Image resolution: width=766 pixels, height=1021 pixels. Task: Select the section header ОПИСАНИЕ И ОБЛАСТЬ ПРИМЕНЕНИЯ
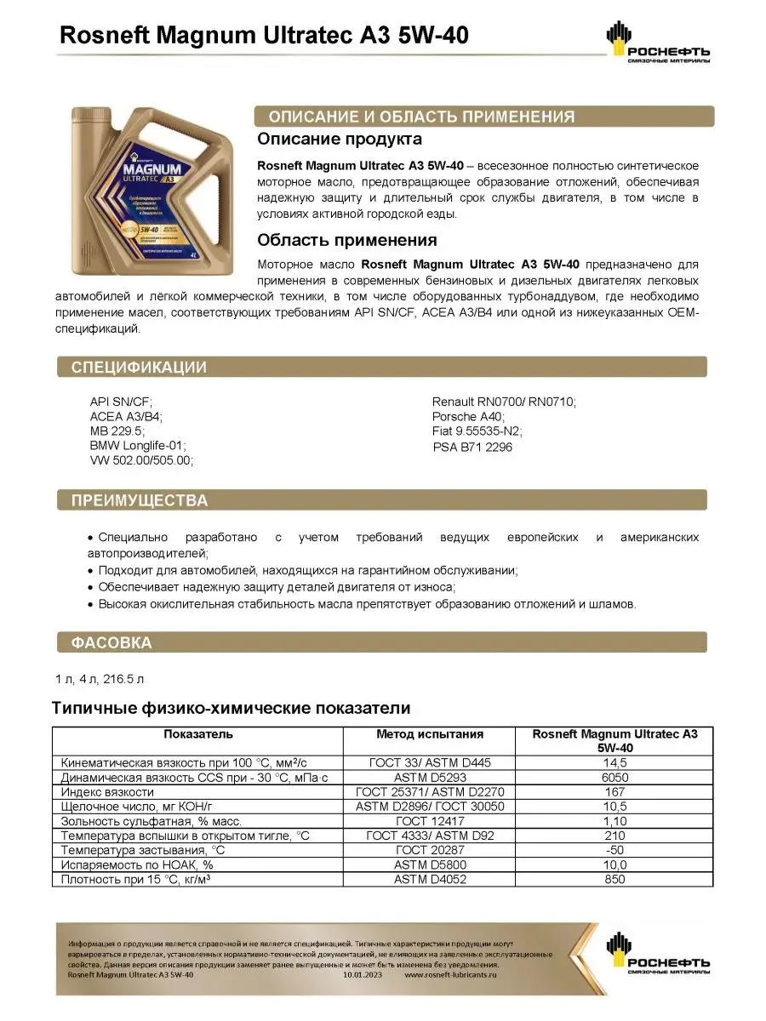421,117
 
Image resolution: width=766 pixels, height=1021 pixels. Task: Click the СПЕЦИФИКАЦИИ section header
139,368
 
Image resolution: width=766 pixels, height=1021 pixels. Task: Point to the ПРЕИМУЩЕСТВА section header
139,500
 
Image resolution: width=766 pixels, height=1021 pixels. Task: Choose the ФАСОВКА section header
111,642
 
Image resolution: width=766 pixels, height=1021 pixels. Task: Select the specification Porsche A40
468,417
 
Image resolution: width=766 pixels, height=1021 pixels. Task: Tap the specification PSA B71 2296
472,447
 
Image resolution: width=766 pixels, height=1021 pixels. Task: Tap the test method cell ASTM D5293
430,777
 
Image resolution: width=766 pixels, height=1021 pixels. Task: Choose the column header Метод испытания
430,733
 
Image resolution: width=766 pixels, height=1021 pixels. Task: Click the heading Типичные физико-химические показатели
232,708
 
